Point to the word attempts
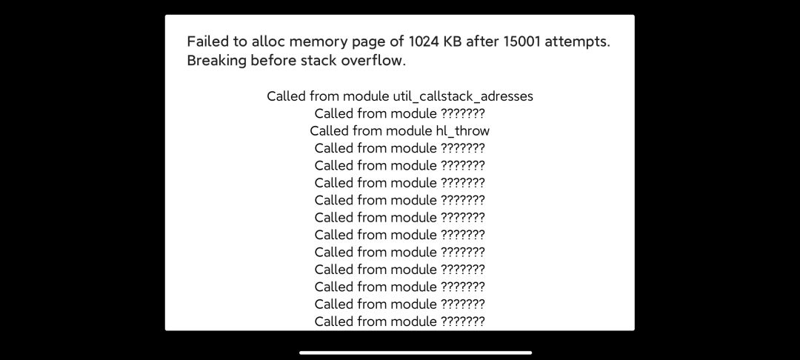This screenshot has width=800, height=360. point(577,41)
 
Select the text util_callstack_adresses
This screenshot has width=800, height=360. point(463,96)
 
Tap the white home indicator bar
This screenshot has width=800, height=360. point(416,353)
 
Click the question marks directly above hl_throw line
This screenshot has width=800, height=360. point(462,113)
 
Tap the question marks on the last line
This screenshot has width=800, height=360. point(462,321)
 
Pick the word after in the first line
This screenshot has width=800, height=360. point(482,41)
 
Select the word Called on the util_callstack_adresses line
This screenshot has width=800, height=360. point(286,96)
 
